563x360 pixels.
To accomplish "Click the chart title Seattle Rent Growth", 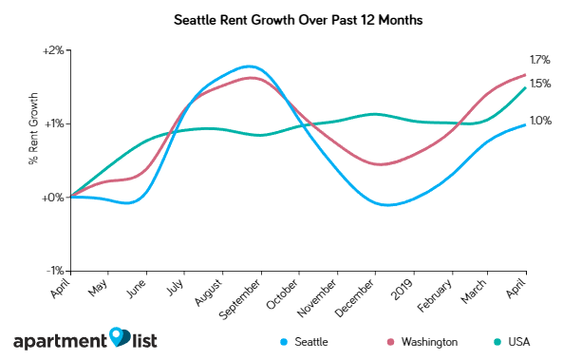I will [x=281, y=19].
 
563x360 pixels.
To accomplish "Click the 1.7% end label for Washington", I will [x=540, y=59].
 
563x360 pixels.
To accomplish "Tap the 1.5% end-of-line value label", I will [x=540, y=84].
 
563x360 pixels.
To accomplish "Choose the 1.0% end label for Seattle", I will [x=540, y=121].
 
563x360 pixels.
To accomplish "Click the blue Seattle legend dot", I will [x=285, y=341].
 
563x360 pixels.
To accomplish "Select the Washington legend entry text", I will [x=429, y=341].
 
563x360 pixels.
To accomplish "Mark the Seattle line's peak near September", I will [x=249, y=66].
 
